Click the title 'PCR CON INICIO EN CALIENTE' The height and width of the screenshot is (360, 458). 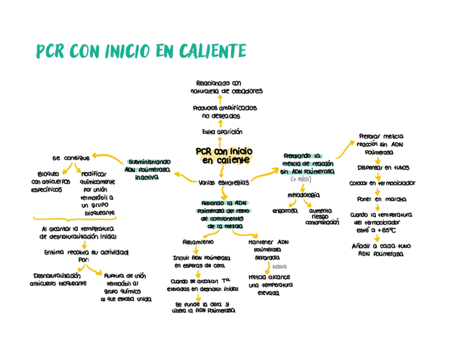[141, 51]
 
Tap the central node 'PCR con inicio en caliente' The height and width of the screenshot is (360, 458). [224, 156]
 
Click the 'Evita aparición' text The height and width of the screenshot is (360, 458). [222, 131]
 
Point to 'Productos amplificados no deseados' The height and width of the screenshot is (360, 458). [225, 112]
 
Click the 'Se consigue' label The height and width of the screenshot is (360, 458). [71, 158]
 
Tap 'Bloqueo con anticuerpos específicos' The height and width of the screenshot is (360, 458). [50, 182]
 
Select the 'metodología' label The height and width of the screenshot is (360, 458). [303, 195]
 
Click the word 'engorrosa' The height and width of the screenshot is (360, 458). [285, 211]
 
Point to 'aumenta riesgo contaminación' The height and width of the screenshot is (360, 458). [322, 216]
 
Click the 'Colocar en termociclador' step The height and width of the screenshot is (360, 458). [382, 183]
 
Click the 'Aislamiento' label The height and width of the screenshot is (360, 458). [198, 242]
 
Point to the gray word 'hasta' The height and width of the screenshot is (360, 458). [279, 266]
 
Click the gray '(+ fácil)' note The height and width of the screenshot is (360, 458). [301, 179]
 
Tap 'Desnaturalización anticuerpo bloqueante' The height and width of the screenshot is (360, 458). [58, 279]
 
